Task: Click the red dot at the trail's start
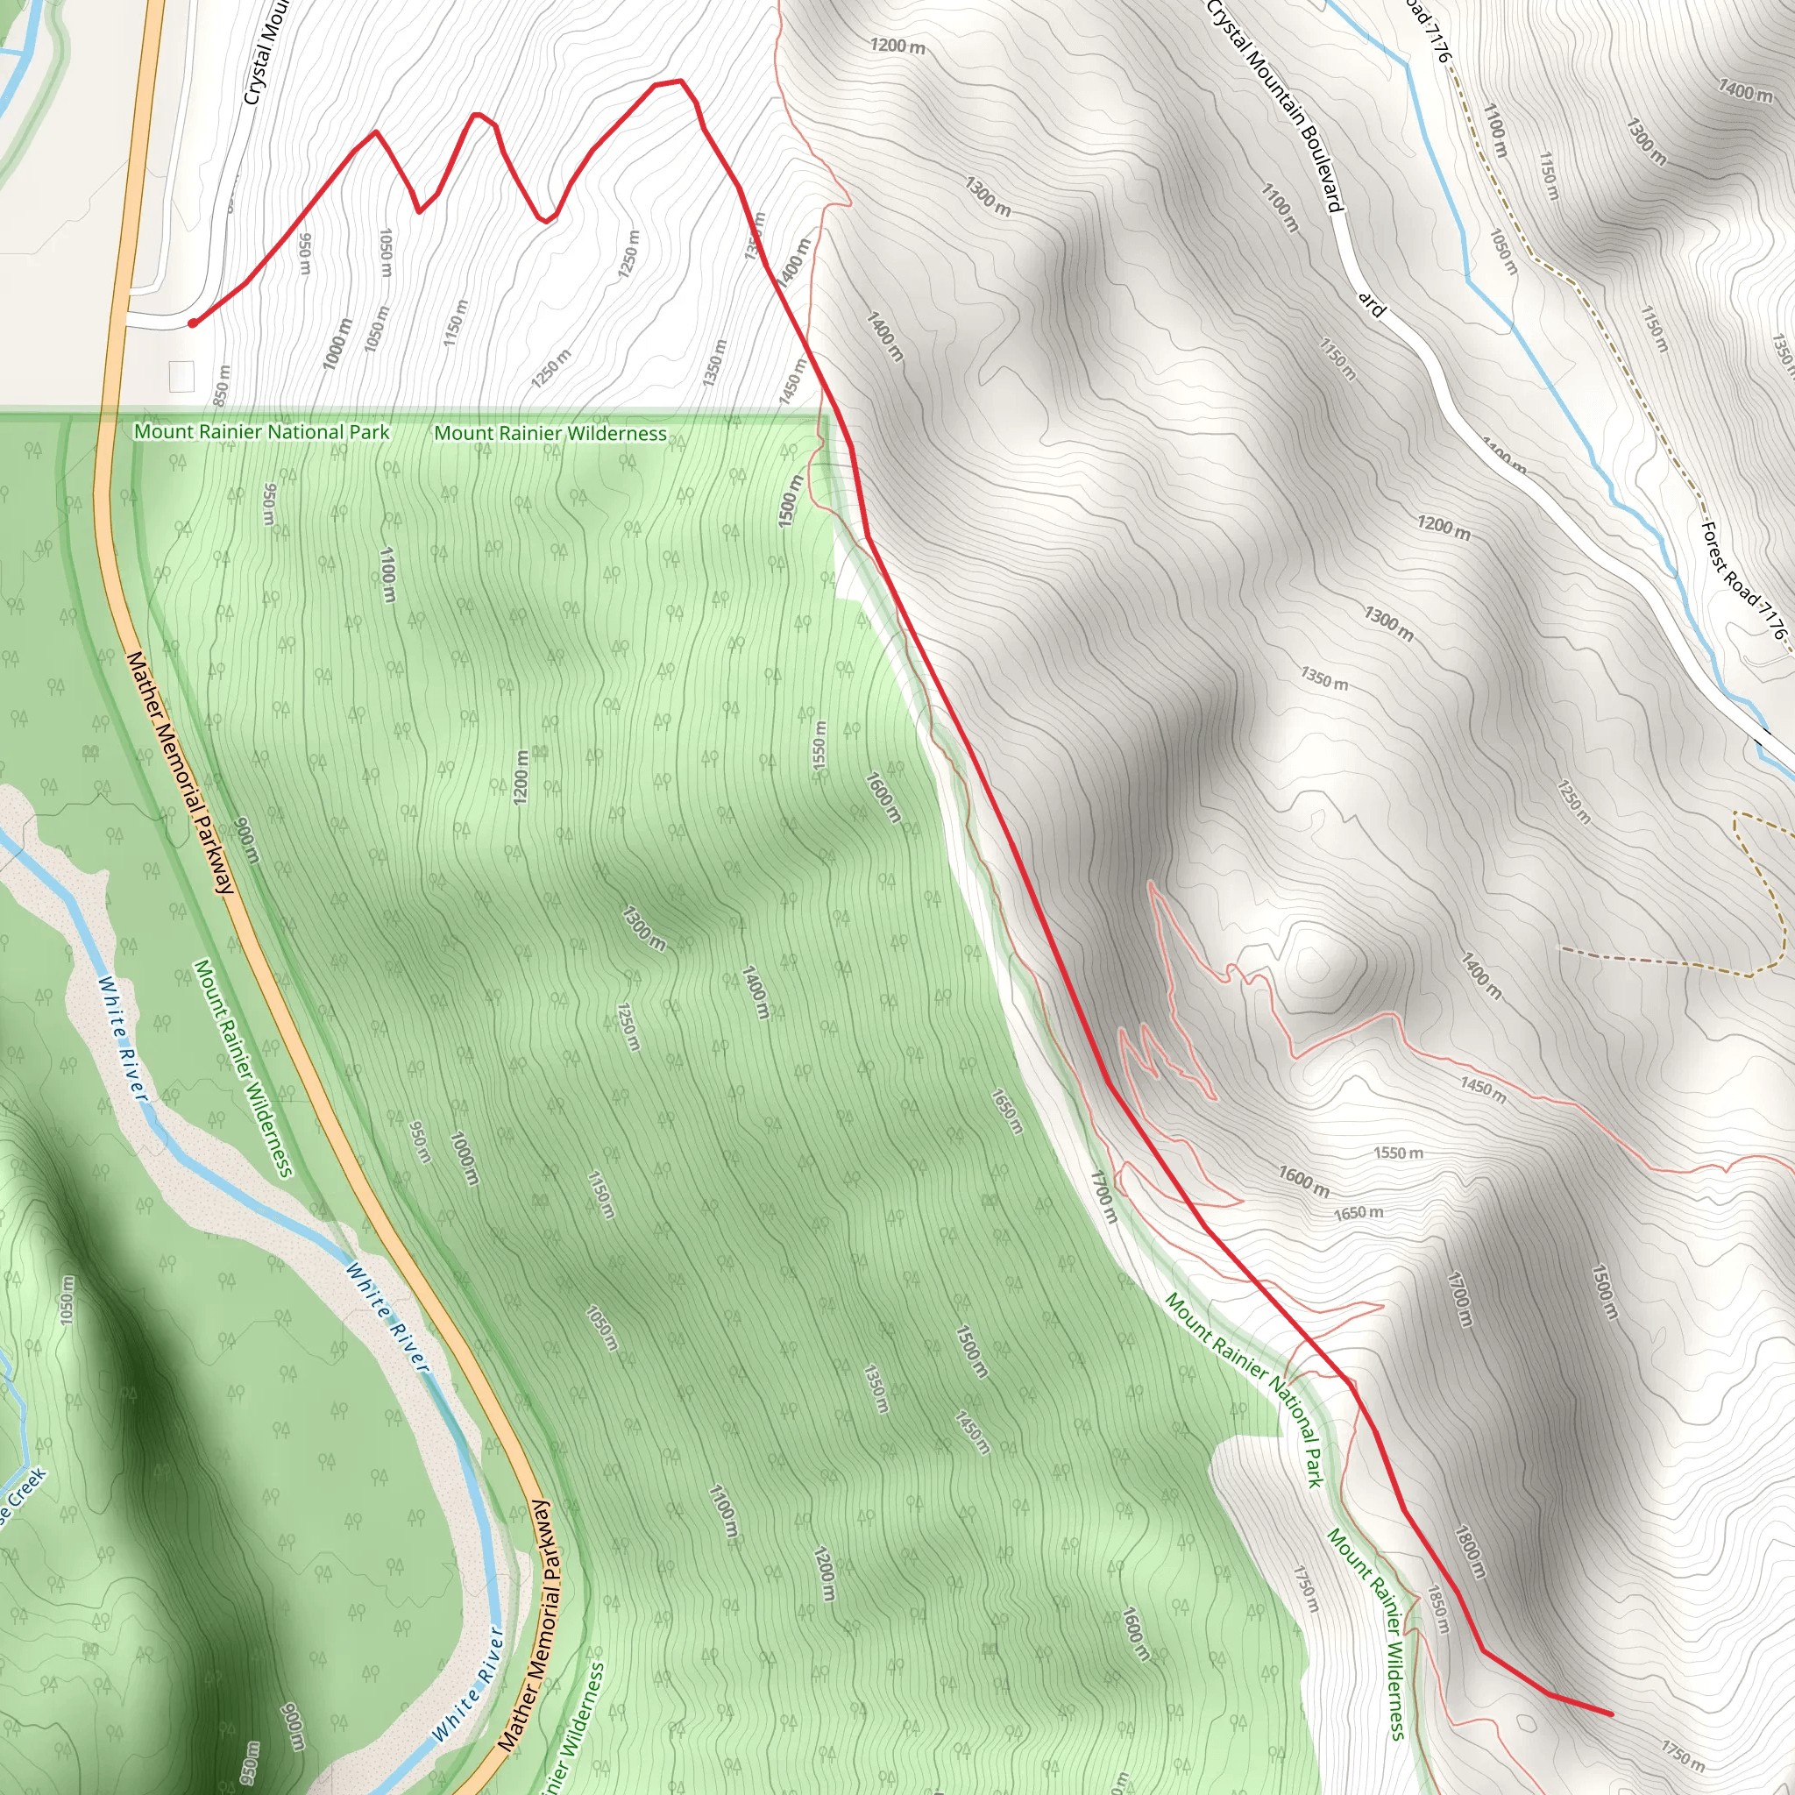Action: point(192,323)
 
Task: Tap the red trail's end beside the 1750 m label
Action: point(1612,1713)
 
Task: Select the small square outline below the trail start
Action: point(182,376)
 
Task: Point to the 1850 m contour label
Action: point(1437,1609)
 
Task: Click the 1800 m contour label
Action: point(1470,1552)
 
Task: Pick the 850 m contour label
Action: point(221,385)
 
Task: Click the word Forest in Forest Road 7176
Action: point(1719,551)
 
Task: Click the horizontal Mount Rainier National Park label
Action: point(262,432)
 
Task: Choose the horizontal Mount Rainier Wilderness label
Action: point(550,433)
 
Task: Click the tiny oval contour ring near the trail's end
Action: point(1526,1723)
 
